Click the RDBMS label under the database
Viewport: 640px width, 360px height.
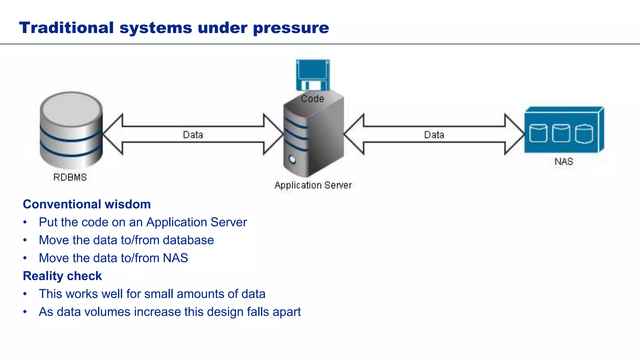(70, 177)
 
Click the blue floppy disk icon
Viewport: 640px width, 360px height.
(312, 75)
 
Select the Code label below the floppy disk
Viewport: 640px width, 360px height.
(312, 99)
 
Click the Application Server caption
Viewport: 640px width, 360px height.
(313, 185)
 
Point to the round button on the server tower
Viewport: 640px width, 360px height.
(292, 160)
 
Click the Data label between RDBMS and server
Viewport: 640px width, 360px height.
(193, 135)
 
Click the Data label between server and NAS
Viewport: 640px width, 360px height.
(434, 135)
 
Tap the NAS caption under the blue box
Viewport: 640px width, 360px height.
(564, 162)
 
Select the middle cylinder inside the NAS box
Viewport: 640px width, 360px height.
(561, 133)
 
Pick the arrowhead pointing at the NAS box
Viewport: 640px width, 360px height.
(514, 134)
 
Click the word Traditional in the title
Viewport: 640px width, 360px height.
(66, 27)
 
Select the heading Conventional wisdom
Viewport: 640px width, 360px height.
(87, 204)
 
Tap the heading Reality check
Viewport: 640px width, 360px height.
(62, 276)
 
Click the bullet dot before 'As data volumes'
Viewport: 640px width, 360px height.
(25, 312)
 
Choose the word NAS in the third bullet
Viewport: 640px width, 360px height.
(175, 258)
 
